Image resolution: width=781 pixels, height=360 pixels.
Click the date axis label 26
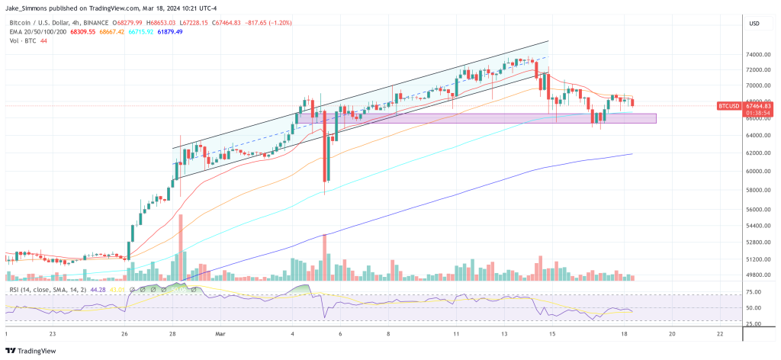point(124,334)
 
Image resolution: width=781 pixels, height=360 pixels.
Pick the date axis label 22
point(720,334)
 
